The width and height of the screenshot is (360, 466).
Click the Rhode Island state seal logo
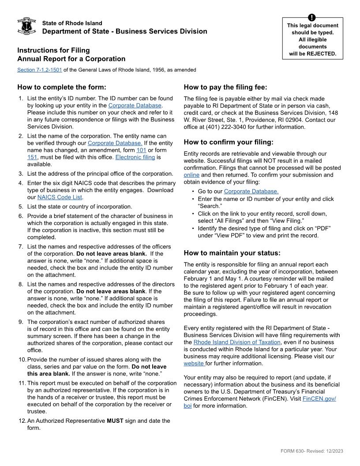coord(26,26)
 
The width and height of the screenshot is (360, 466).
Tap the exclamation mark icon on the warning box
coord(312,18)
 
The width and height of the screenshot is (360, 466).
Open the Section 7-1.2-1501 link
coord(40,70)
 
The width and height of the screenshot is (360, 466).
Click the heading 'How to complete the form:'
coord(62,87)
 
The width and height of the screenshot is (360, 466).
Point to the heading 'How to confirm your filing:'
coord(229,142)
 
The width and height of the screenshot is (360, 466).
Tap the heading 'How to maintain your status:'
coord(232,253)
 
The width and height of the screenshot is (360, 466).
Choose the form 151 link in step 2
coord(32,157)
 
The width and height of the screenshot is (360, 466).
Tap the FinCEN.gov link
coord(319,399)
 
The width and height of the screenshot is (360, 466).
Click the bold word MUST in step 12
coord(116,421)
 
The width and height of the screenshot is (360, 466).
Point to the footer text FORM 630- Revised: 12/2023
coord(311,451)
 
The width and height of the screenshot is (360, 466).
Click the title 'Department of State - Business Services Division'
coord(124,31)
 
